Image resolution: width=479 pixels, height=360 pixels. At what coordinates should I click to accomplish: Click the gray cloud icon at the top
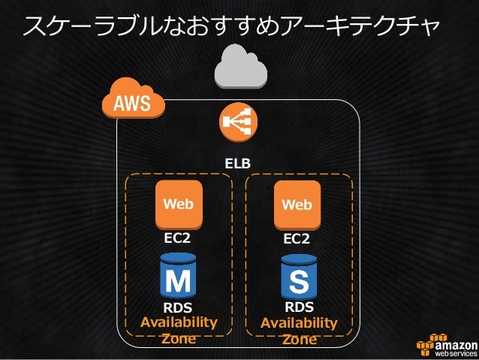pos(239,66)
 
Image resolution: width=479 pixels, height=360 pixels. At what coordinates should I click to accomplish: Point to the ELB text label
pos(238,163)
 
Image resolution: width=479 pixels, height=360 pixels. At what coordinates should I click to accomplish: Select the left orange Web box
pos(179,204)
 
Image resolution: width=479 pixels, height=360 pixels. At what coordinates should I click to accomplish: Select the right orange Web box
pos(297,204)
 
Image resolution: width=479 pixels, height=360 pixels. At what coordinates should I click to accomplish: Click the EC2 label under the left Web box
pos(178,239)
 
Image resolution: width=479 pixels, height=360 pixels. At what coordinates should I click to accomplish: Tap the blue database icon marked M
pos(178,277)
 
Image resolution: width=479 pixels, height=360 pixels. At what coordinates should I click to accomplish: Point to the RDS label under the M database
pos(178,308)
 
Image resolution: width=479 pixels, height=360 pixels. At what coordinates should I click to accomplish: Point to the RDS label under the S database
pos(299,307)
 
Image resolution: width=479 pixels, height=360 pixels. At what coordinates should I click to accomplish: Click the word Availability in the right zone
pos(299,323)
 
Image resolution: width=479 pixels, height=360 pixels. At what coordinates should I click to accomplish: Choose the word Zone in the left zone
pos(179,339)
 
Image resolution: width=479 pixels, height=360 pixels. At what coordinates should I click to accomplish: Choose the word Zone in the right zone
pos(299,339)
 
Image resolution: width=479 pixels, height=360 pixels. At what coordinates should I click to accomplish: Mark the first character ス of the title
pos(36,28)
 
